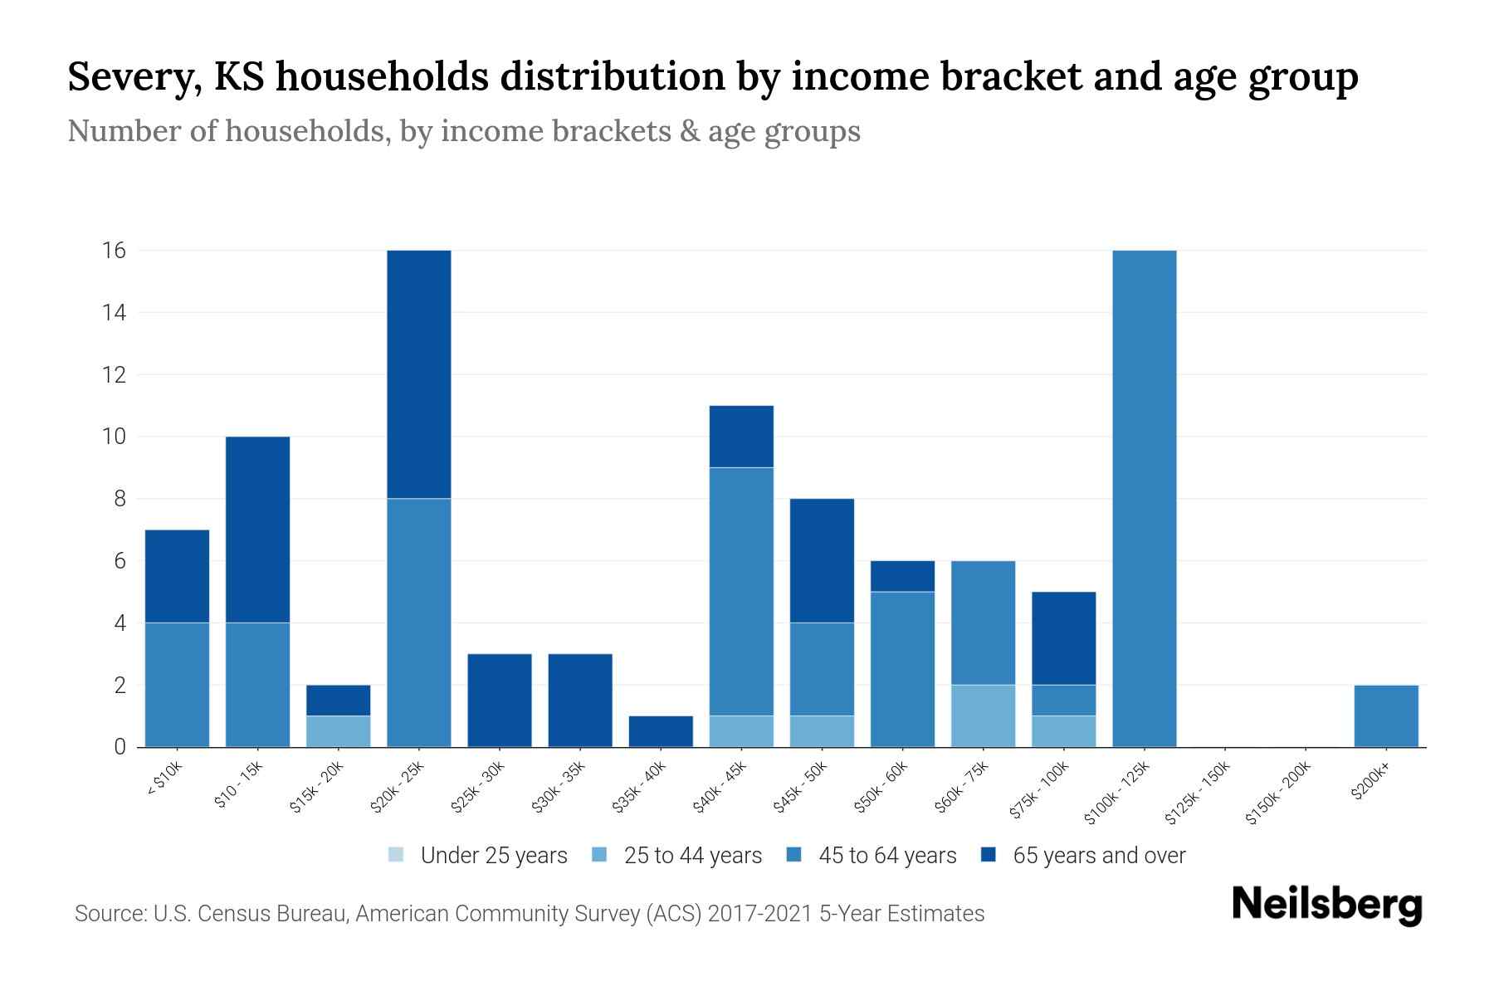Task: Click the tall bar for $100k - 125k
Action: [x=1144, y=498]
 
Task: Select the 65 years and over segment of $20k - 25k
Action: [x=419, y=373]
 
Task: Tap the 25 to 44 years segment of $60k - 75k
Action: [x=983, y=715]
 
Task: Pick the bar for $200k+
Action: [x=1385, y=715]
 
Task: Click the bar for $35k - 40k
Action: [x=661, y=731]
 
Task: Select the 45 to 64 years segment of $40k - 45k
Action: [x=741, y=591]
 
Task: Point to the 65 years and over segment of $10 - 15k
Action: [x=258, y=529]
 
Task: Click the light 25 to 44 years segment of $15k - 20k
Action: [x=339, y=731]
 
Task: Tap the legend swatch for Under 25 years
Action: [x=397, y=855]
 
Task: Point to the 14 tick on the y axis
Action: [x=115, y=312]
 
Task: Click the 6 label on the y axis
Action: [x=120, y=561]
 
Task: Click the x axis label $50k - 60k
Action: [x=881, y=788]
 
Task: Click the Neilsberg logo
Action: [x=1326, y=905]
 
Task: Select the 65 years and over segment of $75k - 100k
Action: [x=1063, y=637]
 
